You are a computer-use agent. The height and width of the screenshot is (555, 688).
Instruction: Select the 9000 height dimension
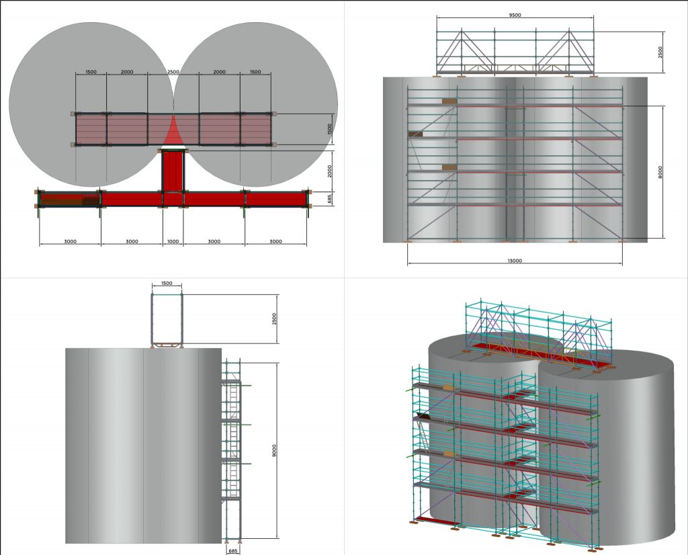pyautogui.click(x=275, y=450)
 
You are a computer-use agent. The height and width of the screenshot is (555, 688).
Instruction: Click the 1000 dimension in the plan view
pyautogui.click(x=173, y=241)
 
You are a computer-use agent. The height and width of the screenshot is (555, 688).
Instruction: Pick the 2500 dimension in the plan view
pyautogui.click(x=173, y=72)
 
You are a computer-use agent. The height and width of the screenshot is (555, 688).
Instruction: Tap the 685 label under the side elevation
pyautogui.click(x=233, y=550)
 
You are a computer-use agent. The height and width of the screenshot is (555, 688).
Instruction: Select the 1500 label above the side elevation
pyautogui.click(x=167, y=284)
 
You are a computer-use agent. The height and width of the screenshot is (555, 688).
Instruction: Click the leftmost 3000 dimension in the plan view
pyautogui.click(x=70, y=241)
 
